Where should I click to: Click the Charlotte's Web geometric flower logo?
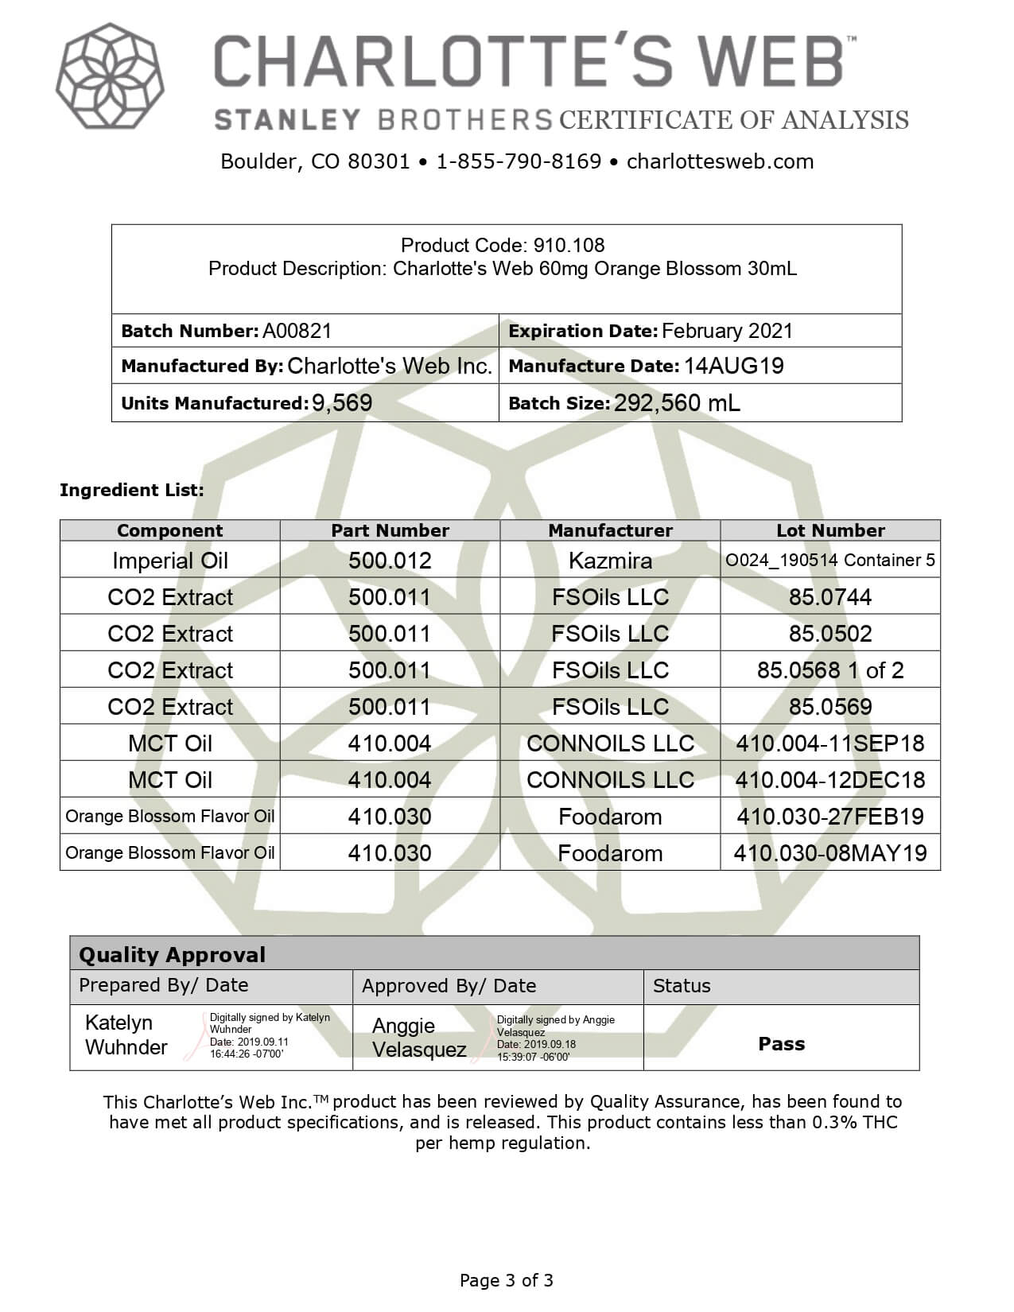point(110,76)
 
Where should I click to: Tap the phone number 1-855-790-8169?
point(519,161)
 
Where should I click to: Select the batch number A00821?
point(297,331)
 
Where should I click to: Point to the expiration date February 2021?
point(727,331)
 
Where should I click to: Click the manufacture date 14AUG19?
point(733,366)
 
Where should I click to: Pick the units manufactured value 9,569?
point(342,402)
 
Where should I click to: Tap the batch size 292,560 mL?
point(677,402)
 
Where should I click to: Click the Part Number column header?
point(390,530)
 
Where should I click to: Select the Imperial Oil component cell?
point(170,561)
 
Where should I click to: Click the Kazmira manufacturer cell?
point(610,561)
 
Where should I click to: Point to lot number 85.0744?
point(830,597)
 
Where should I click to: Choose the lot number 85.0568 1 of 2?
point(830,670)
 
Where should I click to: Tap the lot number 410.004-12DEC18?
point(830,780)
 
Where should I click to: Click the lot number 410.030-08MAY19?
point(830,853)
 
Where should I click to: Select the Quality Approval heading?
point(172,955)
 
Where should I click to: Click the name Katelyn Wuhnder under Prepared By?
point(126,1034)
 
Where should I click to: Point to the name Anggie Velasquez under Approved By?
point(418,1038)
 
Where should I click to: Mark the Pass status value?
point(781,1044)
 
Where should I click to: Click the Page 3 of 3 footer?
point(507,1280)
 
